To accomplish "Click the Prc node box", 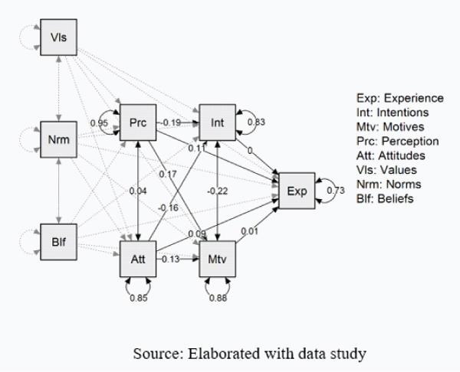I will point(138,122).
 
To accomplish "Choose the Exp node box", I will point(296,191).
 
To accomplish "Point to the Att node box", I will point(138,259).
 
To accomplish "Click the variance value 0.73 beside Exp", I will point(334,191).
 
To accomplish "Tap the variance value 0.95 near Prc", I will point(98,122).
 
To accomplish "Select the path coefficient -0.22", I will point(218,191).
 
